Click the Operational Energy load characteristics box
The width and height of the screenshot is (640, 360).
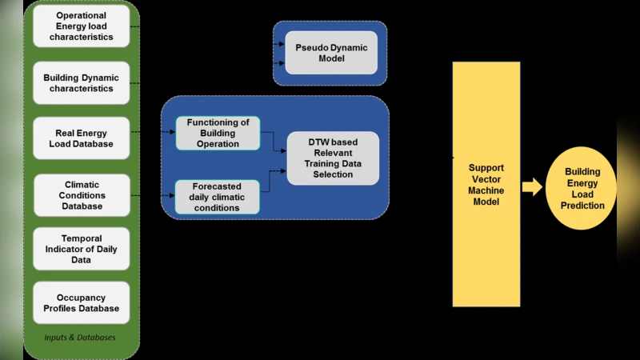pos(81,26)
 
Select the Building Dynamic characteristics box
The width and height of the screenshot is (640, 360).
pos(81,83)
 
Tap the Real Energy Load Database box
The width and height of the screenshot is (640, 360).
pos(81,138)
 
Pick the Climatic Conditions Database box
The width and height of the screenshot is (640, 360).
pos(81,195)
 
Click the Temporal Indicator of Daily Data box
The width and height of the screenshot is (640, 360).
pos(81,249)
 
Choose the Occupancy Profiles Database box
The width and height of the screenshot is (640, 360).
pos(81,302)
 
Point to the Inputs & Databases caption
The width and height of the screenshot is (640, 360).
pos(80,338)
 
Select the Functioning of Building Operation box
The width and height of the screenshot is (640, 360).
pos(218,133)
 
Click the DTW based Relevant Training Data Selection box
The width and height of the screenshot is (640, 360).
pos(333,158)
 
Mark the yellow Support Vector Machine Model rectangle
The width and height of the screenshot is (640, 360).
pos(486,184)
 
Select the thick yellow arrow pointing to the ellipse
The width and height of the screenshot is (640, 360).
pos(532,188)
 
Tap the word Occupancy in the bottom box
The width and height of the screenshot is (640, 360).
pos(81,298)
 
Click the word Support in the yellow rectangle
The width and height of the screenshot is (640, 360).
pos(486,168)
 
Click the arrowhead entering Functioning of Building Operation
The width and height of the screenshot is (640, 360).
pos(172,132)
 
